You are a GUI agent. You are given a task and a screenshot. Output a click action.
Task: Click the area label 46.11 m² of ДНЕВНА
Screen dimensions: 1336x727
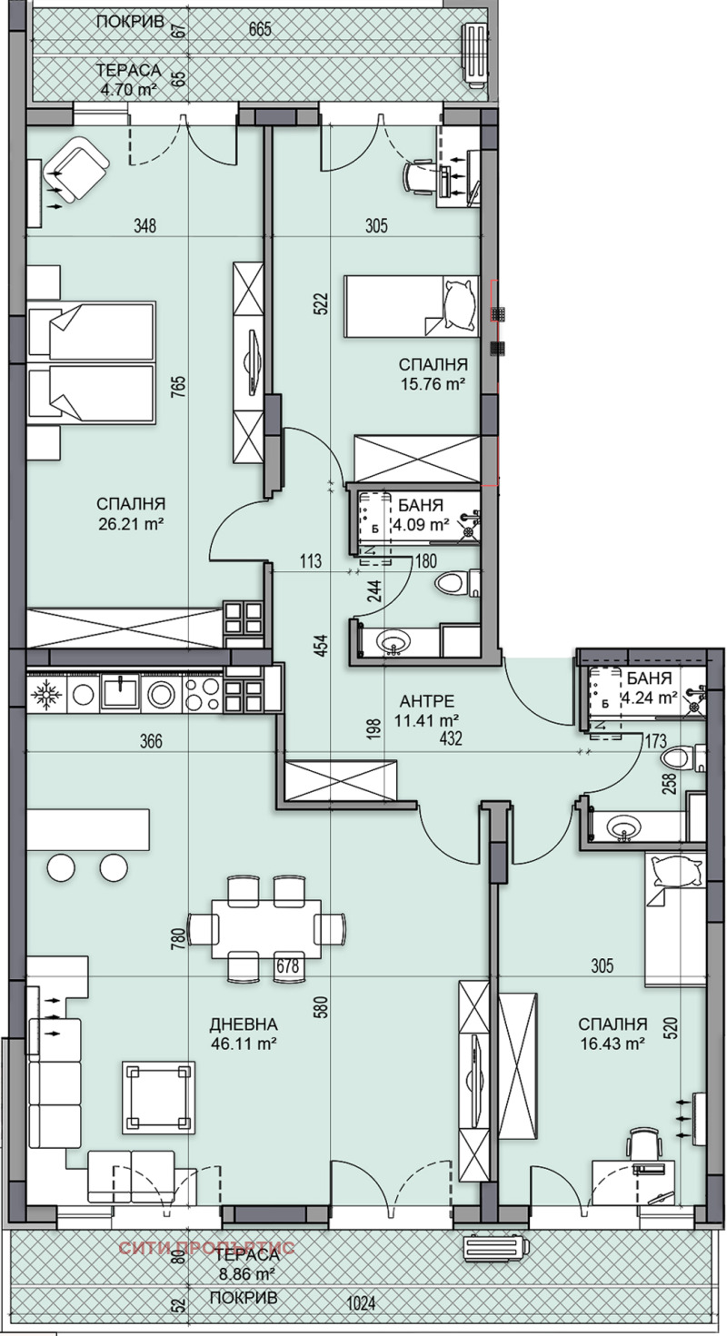tap(242, 1044)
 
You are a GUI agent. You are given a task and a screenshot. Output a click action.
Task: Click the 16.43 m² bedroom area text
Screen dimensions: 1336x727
tap(612, 1044)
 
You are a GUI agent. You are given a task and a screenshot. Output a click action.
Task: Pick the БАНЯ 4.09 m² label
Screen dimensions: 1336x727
tap(419, 515)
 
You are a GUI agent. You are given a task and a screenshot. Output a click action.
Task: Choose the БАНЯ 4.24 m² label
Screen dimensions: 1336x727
tap(647, 688)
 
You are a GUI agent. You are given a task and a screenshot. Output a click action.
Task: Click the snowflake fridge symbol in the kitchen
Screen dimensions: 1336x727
tap(44, 695)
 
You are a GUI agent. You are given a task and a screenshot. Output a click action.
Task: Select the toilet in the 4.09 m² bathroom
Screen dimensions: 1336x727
tap(453, 582)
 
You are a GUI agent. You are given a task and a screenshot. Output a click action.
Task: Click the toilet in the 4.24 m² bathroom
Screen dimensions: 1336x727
tap(680, 757)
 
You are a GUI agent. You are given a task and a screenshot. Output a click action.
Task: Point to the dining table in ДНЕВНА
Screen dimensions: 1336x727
tap(266, 929)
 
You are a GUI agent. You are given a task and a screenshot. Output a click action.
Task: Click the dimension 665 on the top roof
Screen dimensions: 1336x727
tap(260, 29)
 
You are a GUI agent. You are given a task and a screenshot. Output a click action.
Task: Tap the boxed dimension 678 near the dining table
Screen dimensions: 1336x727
tap(288, 966)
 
